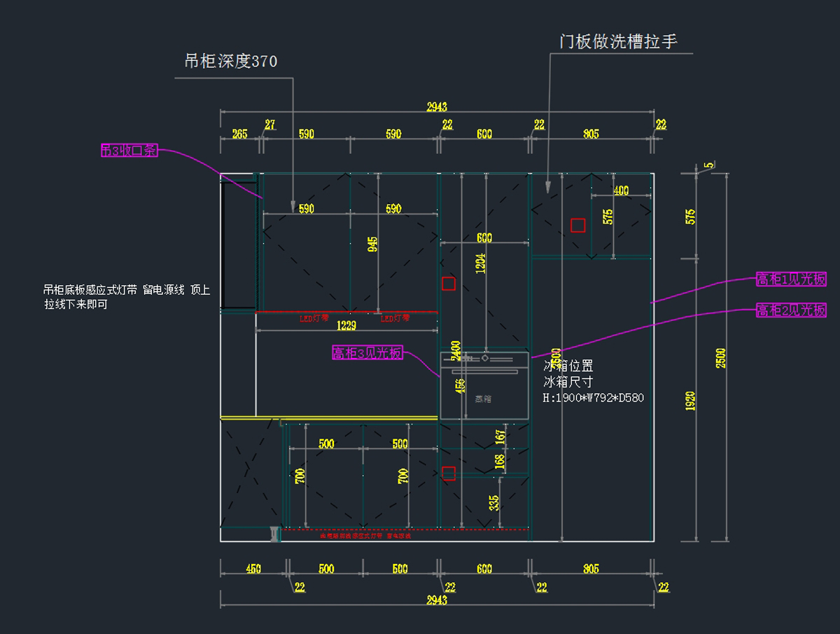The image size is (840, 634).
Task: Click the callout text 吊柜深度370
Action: [x=230, y=62]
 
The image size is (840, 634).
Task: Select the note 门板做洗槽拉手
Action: [x=618, y=42]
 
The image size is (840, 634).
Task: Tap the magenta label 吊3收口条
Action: [x=129, y=150]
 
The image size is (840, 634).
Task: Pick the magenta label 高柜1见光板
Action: [x=791, y=280]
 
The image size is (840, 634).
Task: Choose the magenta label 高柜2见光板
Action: [x=791, y=310]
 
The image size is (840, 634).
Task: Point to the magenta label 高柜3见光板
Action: [x=367, y=353]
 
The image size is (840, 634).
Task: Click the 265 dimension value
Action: [x=239, y=134]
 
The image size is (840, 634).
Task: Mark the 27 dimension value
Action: [x=269, y=125]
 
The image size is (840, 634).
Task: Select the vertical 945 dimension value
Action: [x=373, y=244]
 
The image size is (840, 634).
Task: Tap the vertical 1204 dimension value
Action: [x=481, y=263]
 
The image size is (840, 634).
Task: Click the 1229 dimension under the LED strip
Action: [x=346, y=326]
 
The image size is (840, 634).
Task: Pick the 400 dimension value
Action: [x=621, y=191]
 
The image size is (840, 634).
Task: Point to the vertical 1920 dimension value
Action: [x=691, y=401]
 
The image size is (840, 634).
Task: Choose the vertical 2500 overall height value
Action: [x=721, y=357]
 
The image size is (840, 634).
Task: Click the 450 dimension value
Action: [x=253, y=569]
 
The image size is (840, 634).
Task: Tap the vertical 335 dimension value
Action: [x=494, y=503]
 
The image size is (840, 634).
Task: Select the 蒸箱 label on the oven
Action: [x=483, y=399]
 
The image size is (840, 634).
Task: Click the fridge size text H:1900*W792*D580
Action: [x=593, y=398]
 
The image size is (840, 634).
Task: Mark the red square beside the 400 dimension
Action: [x=577, y=225]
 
